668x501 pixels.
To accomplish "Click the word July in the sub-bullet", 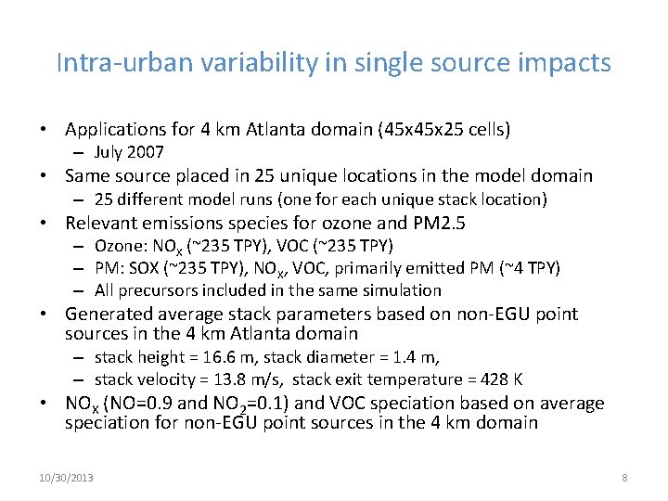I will point(110,152).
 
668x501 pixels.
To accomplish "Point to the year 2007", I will point(146,152).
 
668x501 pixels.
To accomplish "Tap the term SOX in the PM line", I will point(150,268).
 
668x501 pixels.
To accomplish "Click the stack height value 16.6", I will point(238,356).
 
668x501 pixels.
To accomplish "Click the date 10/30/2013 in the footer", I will point(66,477).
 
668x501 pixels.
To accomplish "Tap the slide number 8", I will point(624,477).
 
